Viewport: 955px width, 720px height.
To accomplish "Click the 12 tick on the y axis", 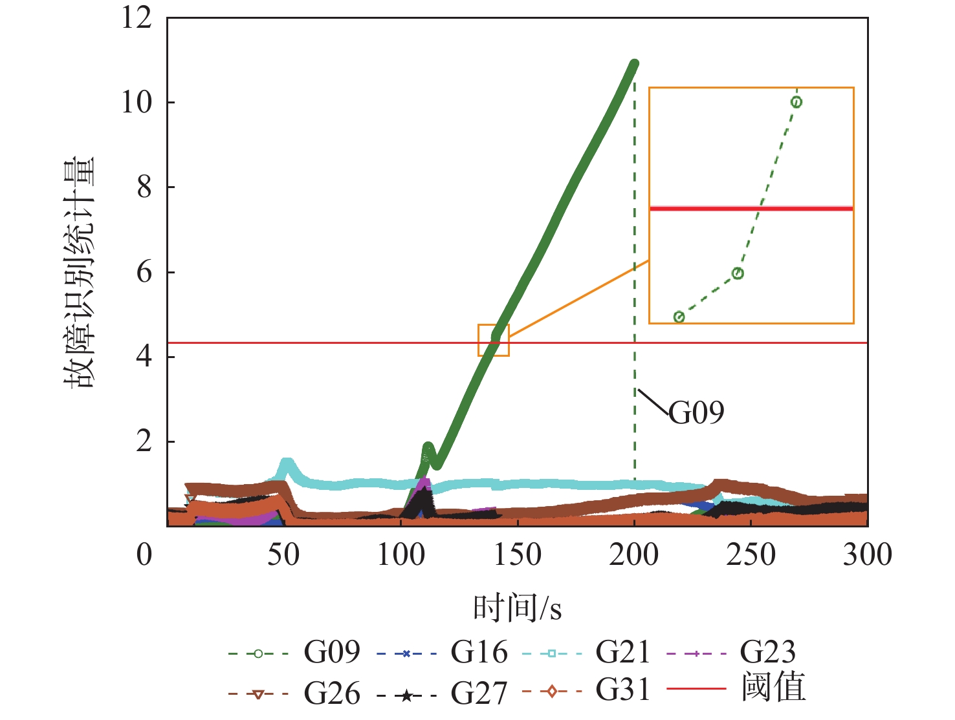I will pos(137,17).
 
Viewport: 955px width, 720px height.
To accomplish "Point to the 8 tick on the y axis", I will pos(144,187).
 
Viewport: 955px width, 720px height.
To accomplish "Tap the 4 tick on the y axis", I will pos(144,357).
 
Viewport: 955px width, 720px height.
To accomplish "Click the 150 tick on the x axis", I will pos(518,555).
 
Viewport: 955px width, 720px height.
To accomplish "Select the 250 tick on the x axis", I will pos(751,555).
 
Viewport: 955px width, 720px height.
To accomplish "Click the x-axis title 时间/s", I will pos(517,608).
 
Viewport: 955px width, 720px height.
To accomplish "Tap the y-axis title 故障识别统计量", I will pos(79,271).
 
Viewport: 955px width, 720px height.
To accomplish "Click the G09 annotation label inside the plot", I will pos(696,413).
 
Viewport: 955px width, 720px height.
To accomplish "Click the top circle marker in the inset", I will pos(796,102).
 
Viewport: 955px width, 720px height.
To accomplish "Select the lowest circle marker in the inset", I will pos(679,317).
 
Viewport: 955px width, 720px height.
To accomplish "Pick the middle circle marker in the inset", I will pos(738,273).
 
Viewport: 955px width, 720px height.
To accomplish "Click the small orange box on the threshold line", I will pos(494,340).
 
